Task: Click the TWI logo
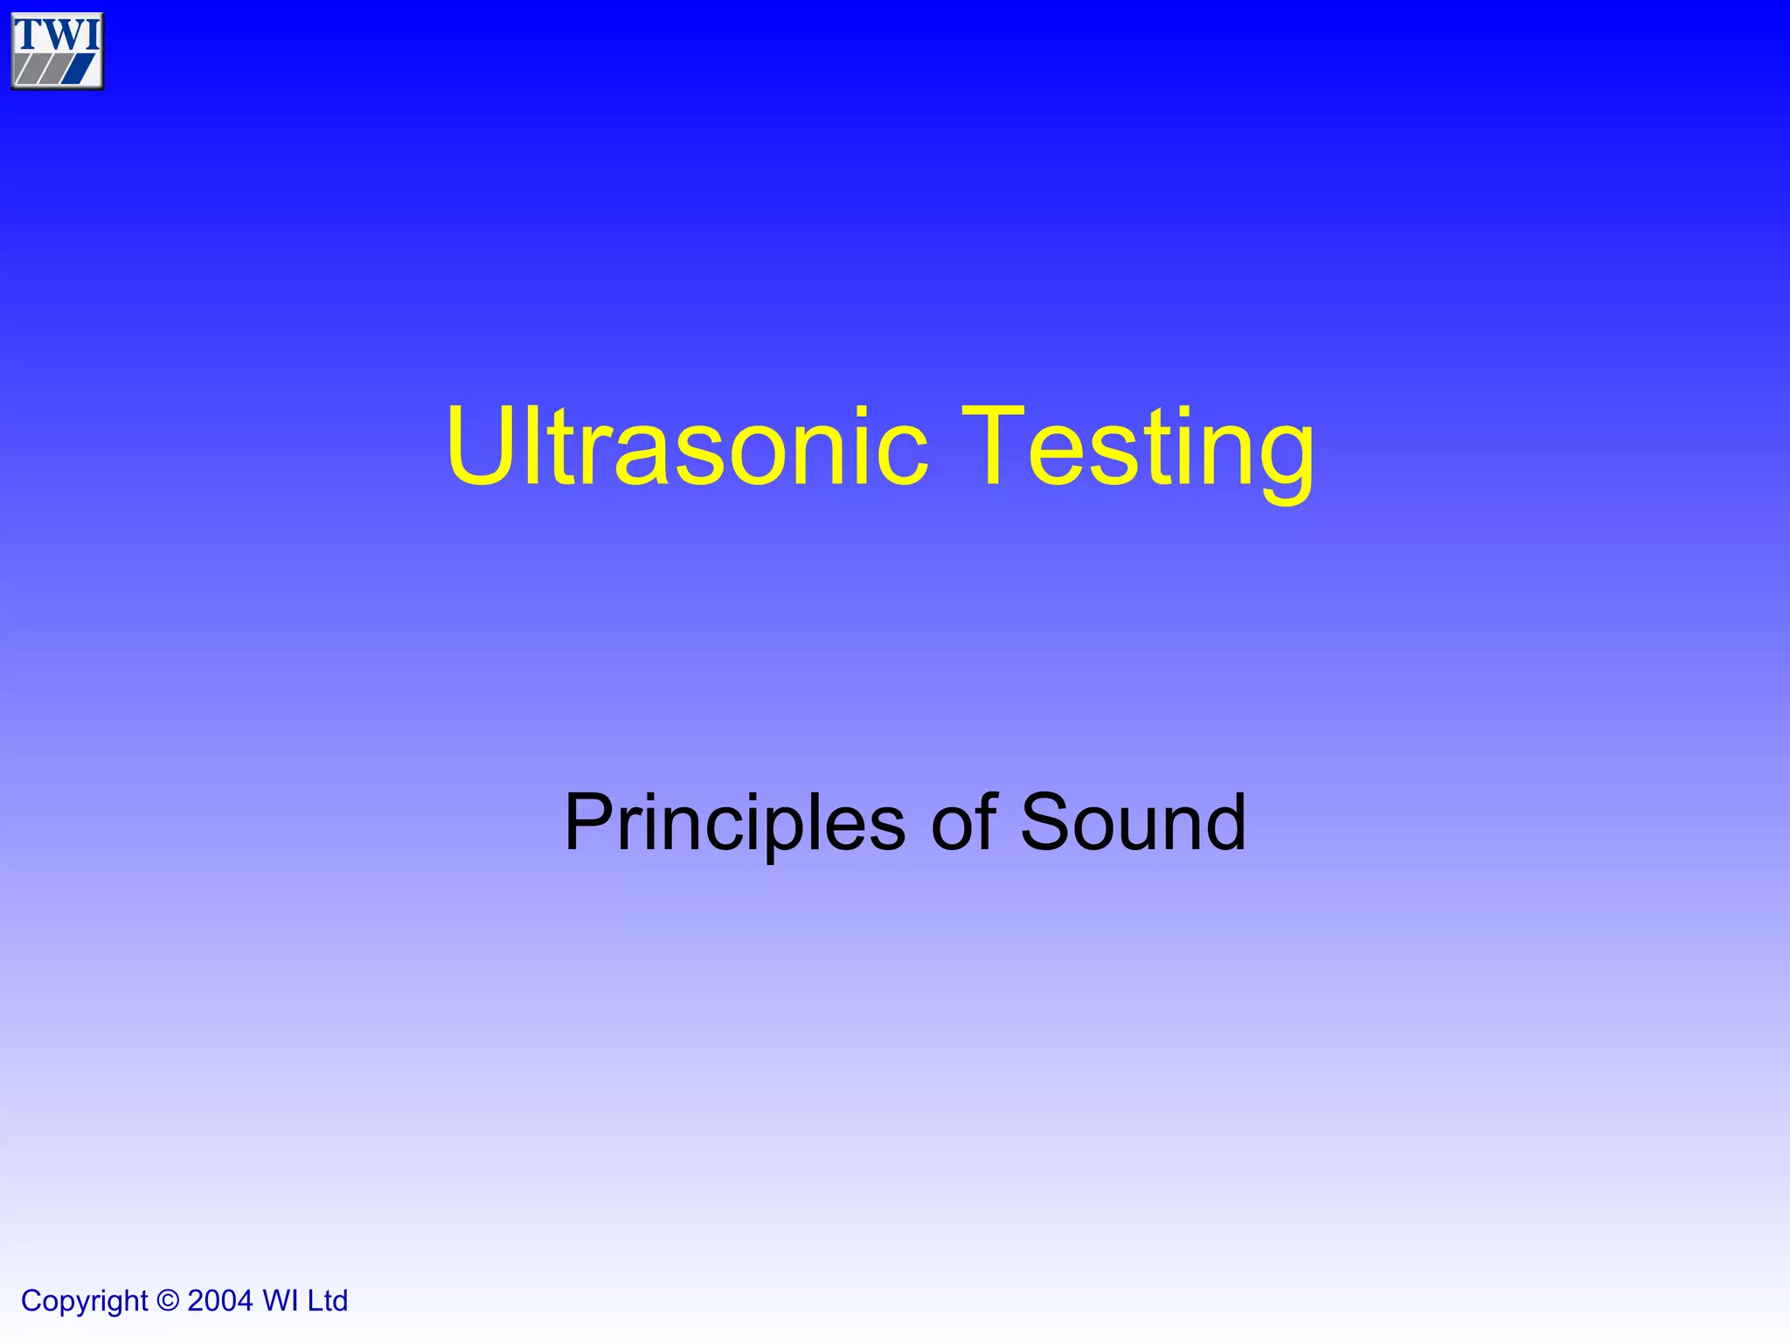[57, 51]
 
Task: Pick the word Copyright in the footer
[84, 1301]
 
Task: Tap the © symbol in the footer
[168, 1301]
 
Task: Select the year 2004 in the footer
[219, 1301]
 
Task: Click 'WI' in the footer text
[281, 1301]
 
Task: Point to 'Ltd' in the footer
[327, 1301]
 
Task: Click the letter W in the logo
[61, 33]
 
